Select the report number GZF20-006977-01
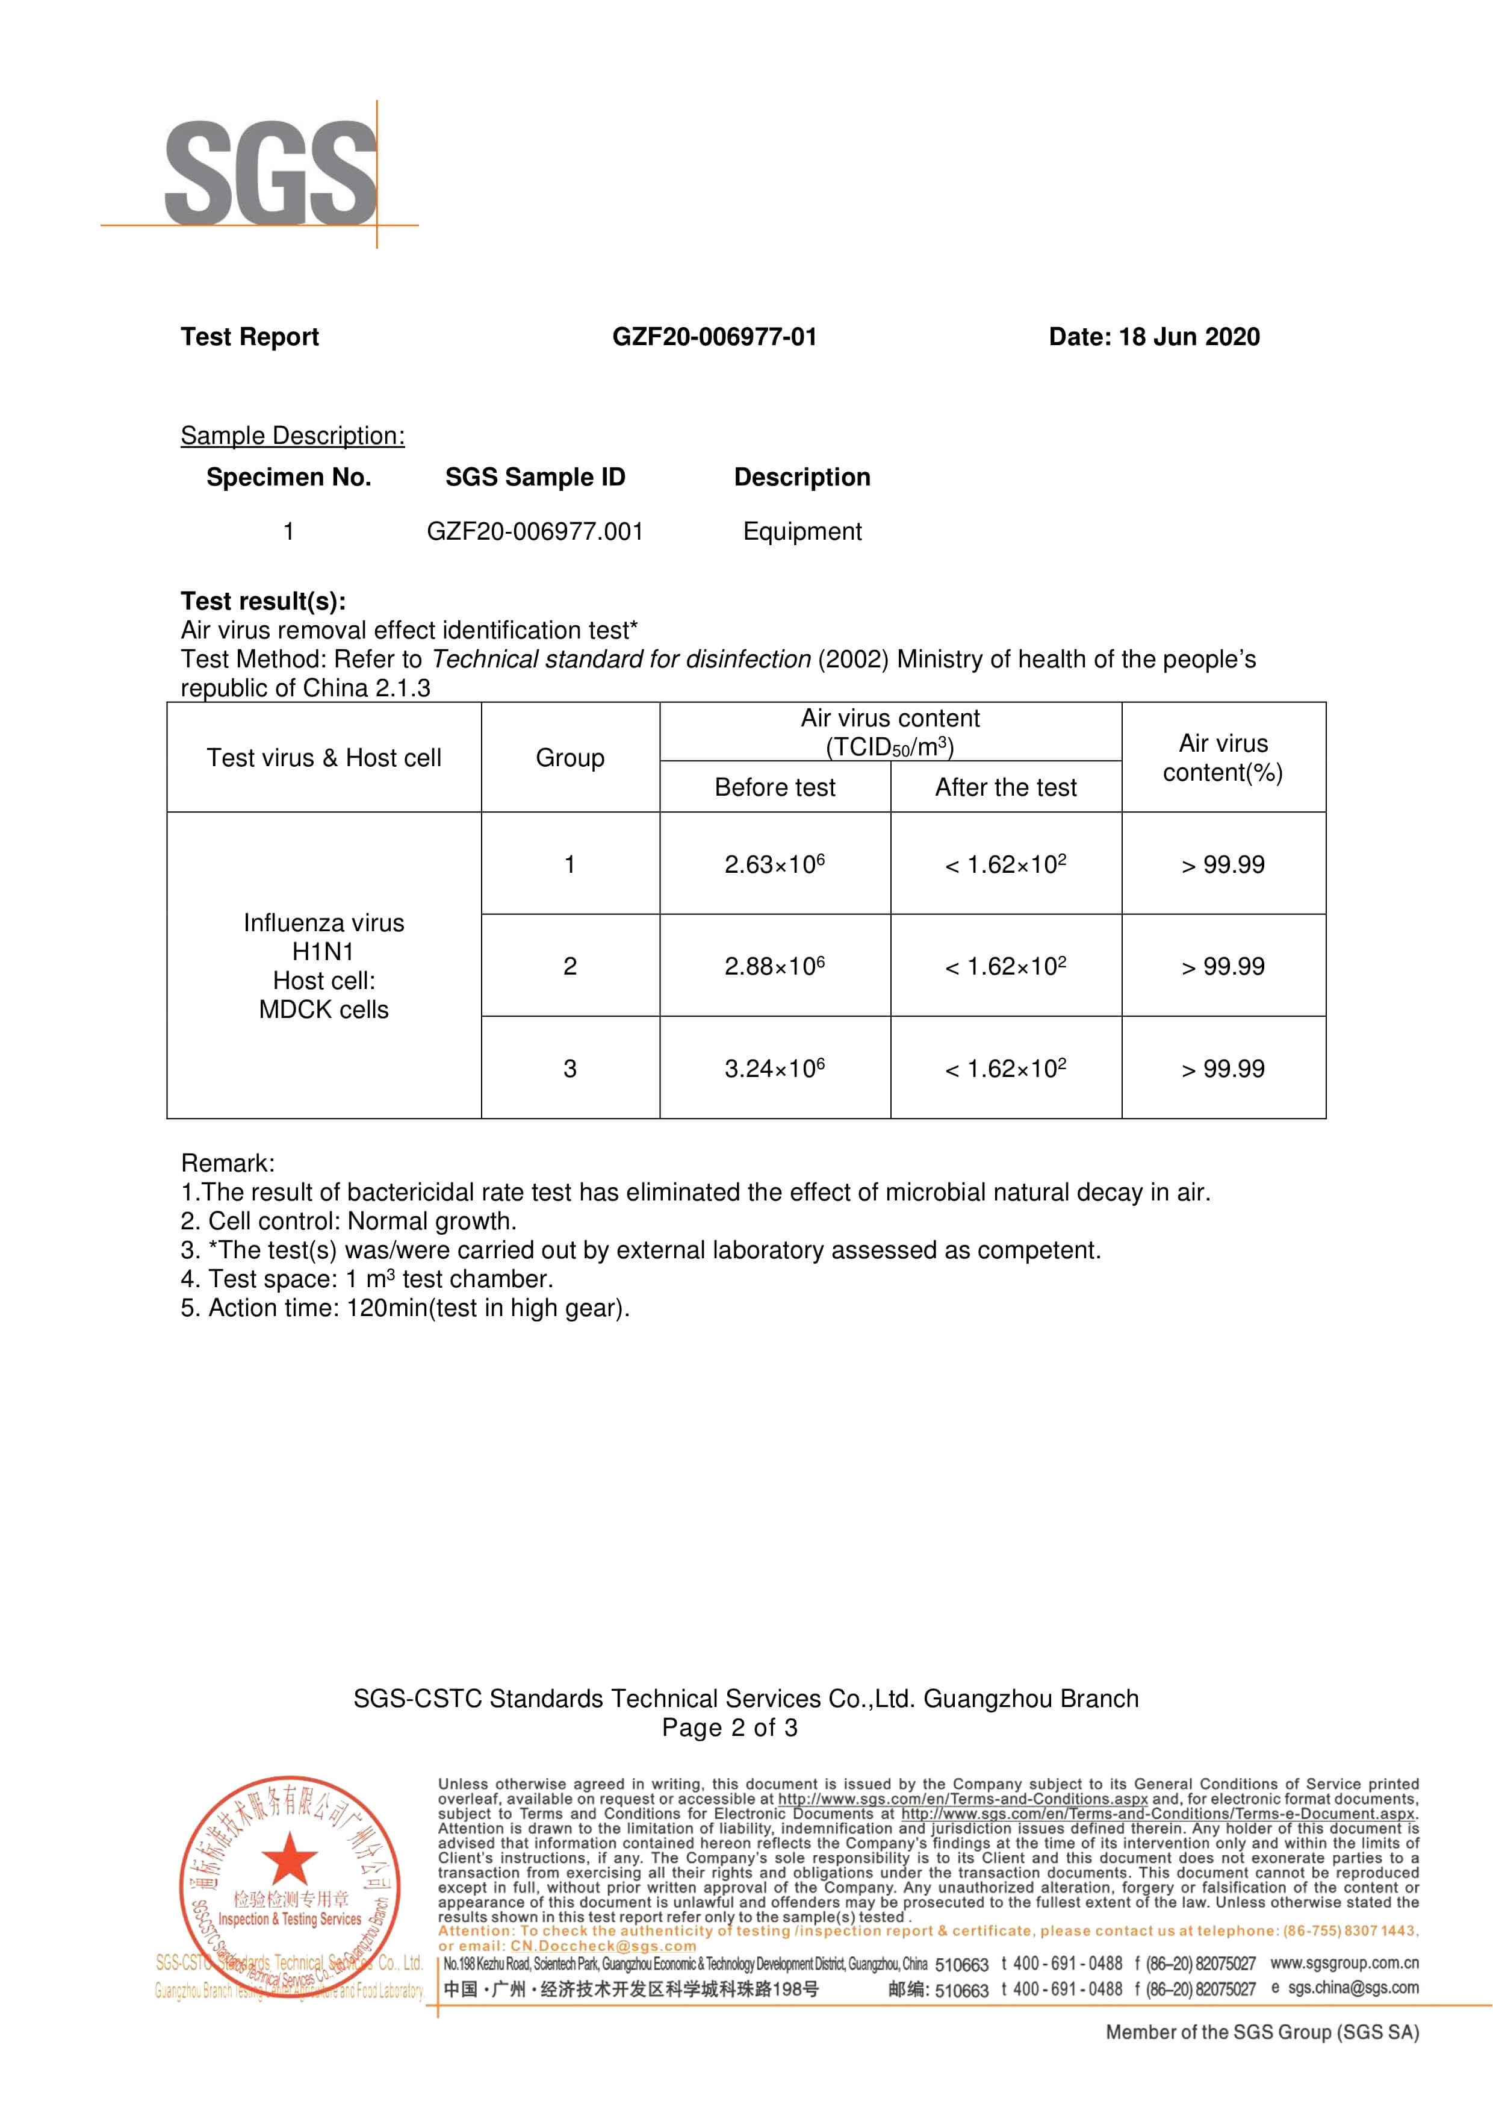click(x=714, y=337)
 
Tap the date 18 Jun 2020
click(x=1188, y=337)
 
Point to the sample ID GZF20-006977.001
click(x=535, y=532)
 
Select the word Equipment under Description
click(x=802, y=532)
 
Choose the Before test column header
click(x=775, y=788)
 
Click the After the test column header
click(x=1005, y=788)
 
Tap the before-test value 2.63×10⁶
click(x=775, y=864)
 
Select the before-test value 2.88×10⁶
click(x=775, y=966)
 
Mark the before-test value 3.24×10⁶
click(x=775, y=1069)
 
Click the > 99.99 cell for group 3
click(x=1223, y=1069)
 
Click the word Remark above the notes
click(x=227, y=1163)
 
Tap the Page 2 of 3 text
click(x=730, y=1728)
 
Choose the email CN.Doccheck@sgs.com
click(x=603, y=1946)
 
